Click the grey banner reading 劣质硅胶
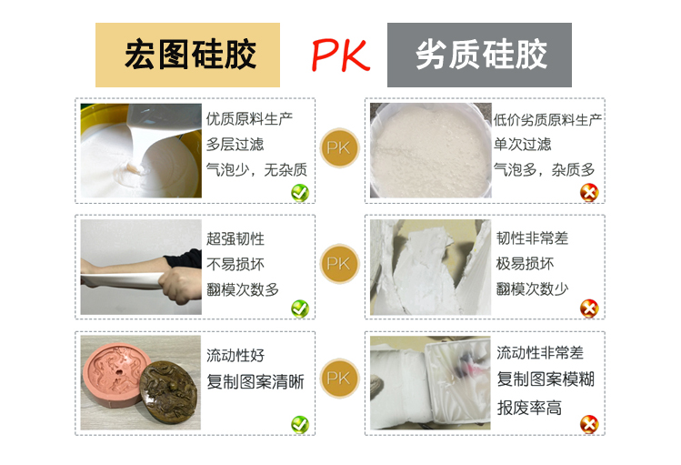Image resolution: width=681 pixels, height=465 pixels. (x=479, y=56)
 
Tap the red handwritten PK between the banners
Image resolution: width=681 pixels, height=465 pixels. (x=340, y=56)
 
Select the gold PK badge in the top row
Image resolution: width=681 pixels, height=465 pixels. (x=338, y=147)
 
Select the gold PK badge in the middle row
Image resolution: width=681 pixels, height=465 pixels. (x=338, y=264)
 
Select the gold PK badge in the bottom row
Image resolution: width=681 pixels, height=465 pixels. (x=338, y=378)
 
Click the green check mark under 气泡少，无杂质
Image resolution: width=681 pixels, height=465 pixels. (x=299, y=192)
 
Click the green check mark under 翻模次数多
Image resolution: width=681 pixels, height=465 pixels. (x=299, y=308)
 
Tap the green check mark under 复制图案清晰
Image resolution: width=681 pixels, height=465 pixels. (x=299, y=424)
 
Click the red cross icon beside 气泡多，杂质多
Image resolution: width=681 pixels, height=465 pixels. (x=589, y=192)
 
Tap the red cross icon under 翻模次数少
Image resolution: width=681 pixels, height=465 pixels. (x=589, y=308)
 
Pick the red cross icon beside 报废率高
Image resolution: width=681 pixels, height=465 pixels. (x=589, y=424)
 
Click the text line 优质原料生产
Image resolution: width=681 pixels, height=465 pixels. (x=249, y=118)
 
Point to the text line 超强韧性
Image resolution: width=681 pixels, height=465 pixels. (x=235, y=238)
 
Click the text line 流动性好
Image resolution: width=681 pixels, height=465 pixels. (x=235, y=355)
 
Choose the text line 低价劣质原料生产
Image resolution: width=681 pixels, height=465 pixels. (x=547, y=118)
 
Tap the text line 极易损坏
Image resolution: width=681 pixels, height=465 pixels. (x=525, y=264)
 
